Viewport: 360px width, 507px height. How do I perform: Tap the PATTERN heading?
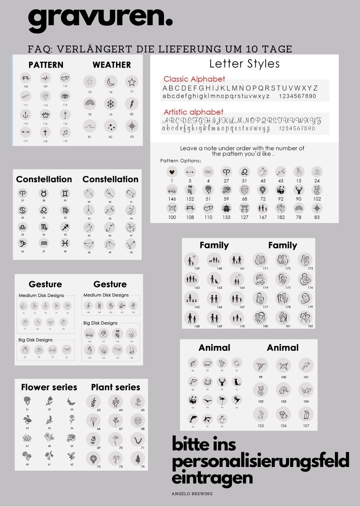click(x=46, y=65)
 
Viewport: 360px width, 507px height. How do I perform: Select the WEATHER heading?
click(x=112, y=65)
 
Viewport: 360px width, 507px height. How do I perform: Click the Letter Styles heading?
click(x=244, y=64)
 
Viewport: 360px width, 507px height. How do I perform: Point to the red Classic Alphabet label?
click(x=194, y=79)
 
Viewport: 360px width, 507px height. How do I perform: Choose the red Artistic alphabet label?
click(x=193, y=112)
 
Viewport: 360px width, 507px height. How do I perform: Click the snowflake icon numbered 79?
click(x=111, y=104)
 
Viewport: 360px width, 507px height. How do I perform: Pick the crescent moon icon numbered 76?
click(x=111, y=82)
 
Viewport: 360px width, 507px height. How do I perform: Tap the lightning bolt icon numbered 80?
click(x=132, y=104)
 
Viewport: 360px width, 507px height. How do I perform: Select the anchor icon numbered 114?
click(x=26, y=115)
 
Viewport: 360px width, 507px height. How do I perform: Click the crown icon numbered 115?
click(x=45, y=115)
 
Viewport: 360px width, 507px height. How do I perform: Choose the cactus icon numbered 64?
click(x=115, y=401)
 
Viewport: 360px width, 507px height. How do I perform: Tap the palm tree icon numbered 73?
click(x=115, y=458)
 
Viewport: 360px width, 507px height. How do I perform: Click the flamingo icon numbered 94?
click(x=222, y=400)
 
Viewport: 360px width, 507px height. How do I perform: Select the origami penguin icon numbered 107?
click(x=306, y=414)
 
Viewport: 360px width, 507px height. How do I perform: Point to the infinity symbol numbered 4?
click(x=208, y=172)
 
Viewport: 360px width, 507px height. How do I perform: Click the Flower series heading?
click(x=49, y=387)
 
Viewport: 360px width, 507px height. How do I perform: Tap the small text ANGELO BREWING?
click(x=192, y=494)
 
